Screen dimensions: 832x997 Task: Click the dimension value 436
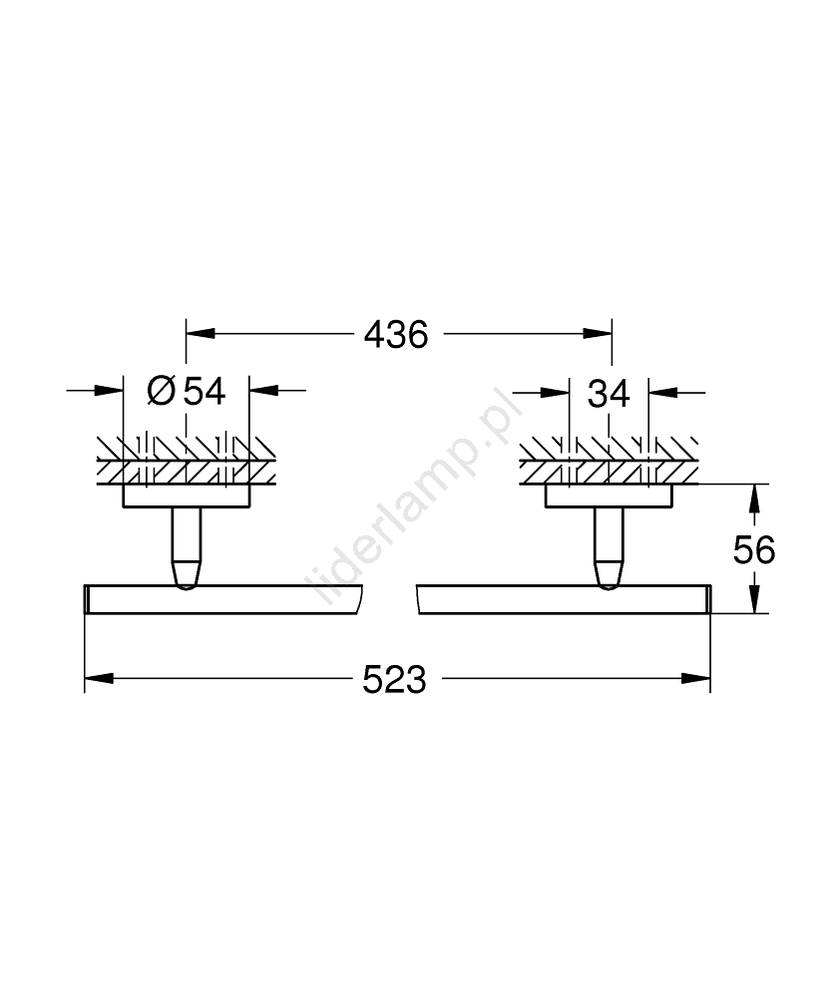tap(396, 334)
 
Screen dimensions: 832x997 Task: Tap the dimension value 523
tap(394, 680)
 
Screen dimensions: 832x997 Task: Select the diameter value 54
tap(205, 391)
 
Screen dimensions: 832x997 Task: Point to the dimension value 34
tap(609, 394)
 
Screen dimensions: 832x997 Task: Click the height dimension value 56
tap(754, 550)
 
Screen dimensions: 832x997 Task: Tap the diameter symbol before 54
tap(161, 391)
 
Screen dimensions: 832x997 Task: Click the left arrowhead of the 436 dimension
tap(201, 334)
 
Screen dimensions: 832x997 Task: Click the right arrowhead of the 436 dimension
tap(598, 334)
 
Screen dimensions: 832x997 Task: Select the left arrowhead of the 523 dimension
tap(99, 678)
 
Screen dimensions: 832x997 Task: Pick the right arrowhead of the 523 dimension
tap(696, 678)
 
